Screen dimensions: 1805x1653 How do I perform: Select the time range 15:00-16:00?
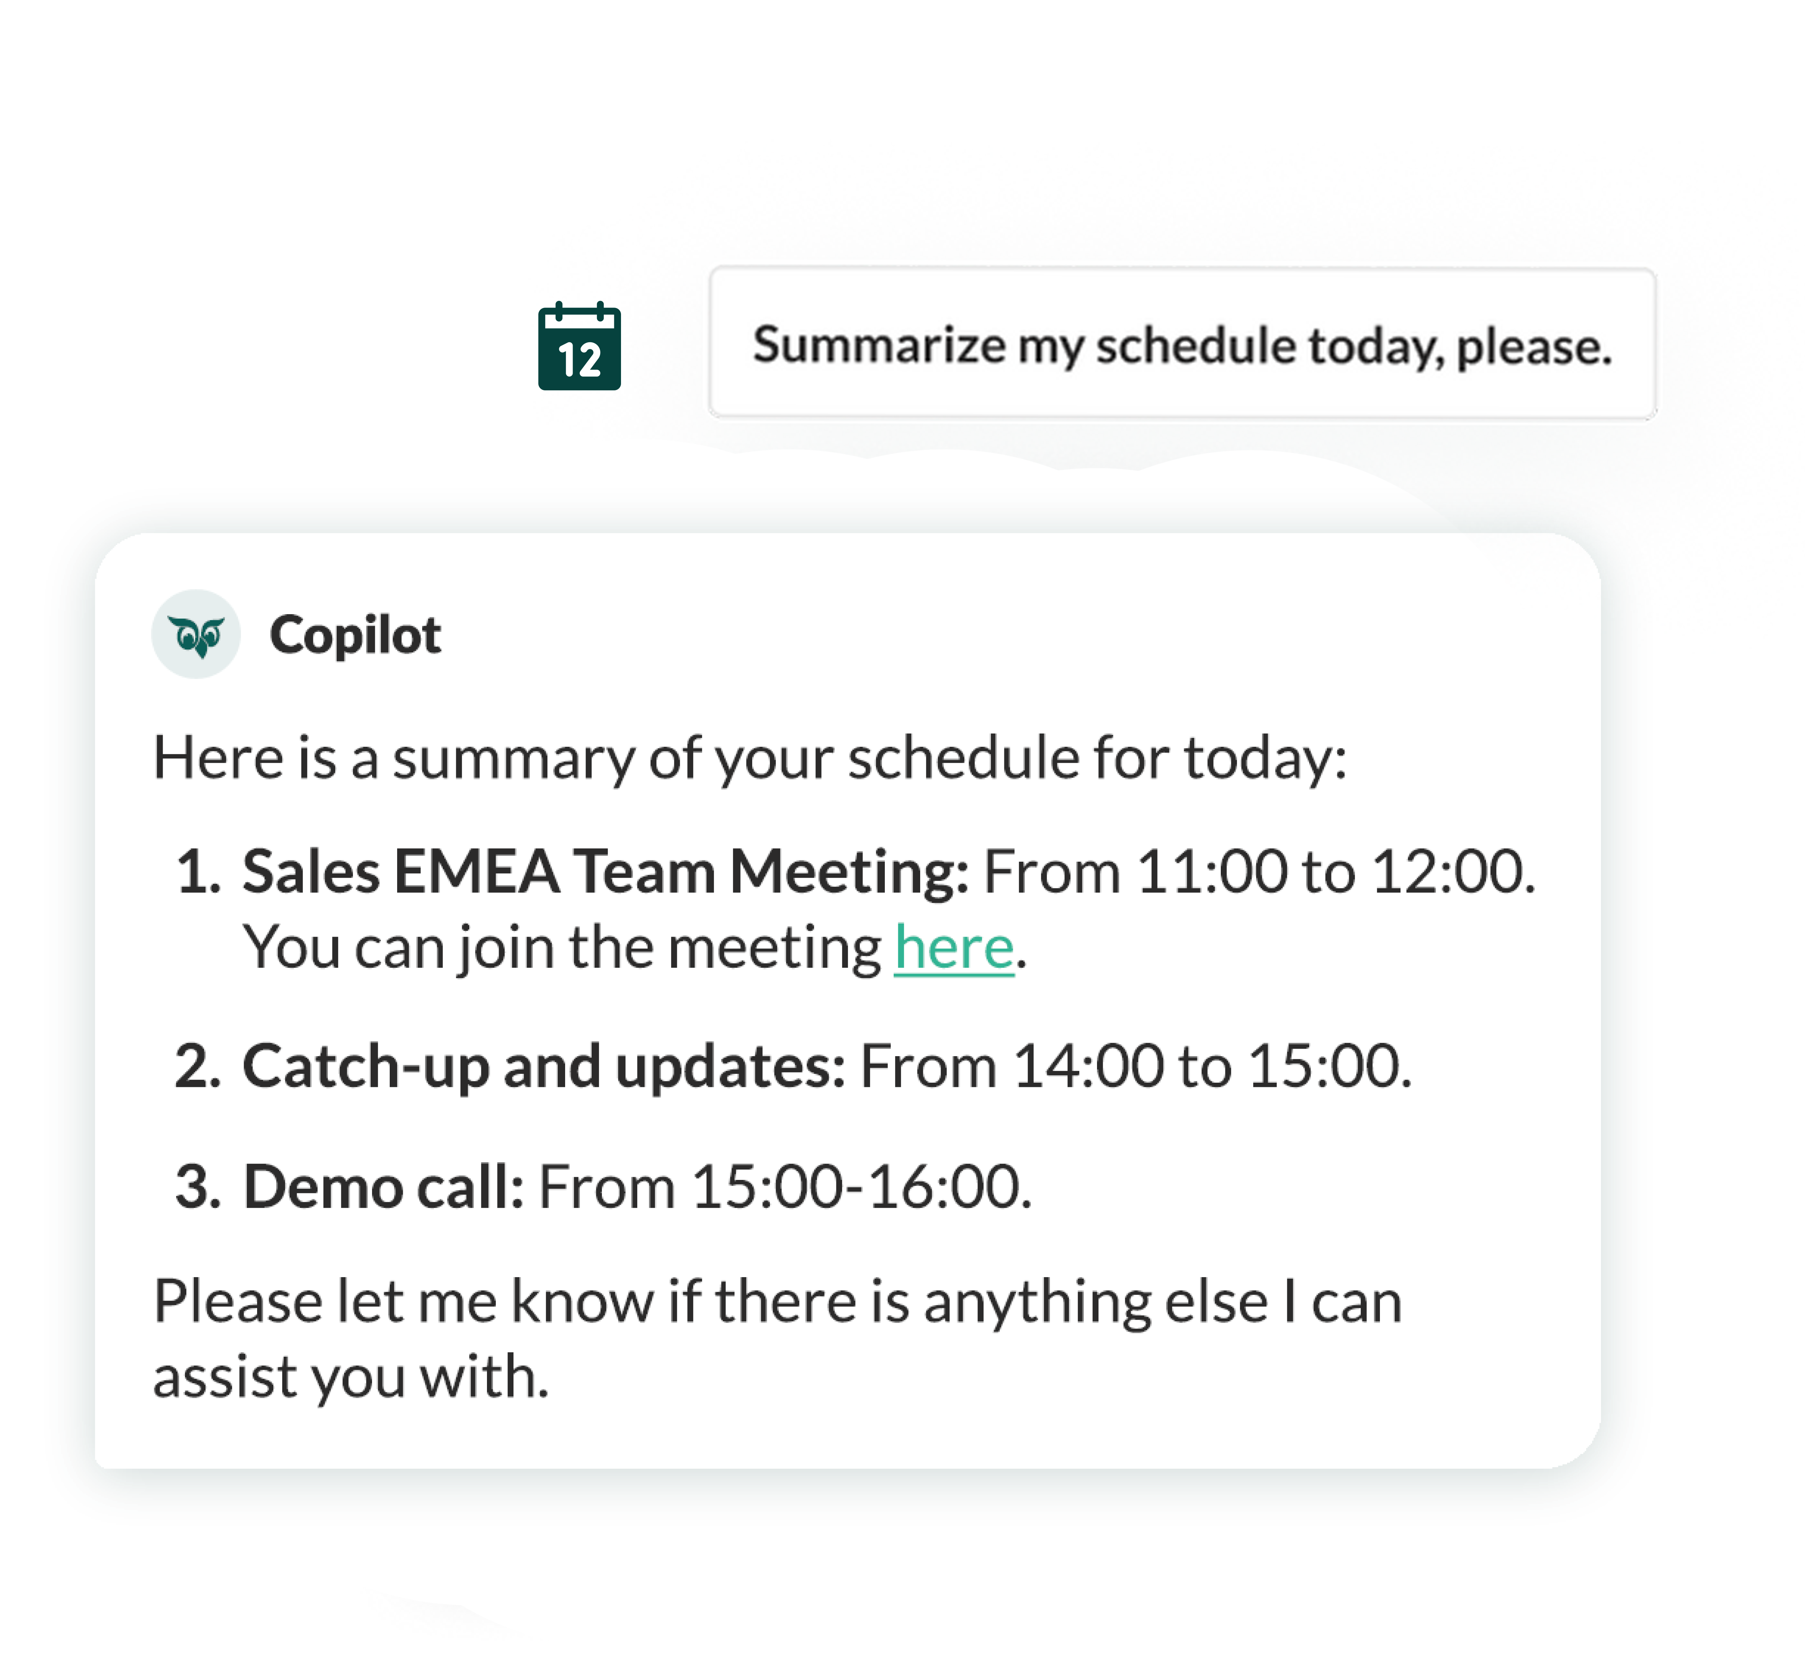pyautogui.click(x=861, y=1187)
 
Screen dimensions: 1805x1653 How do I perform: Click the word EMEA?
pyautogui.click(x=476, y=872)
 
